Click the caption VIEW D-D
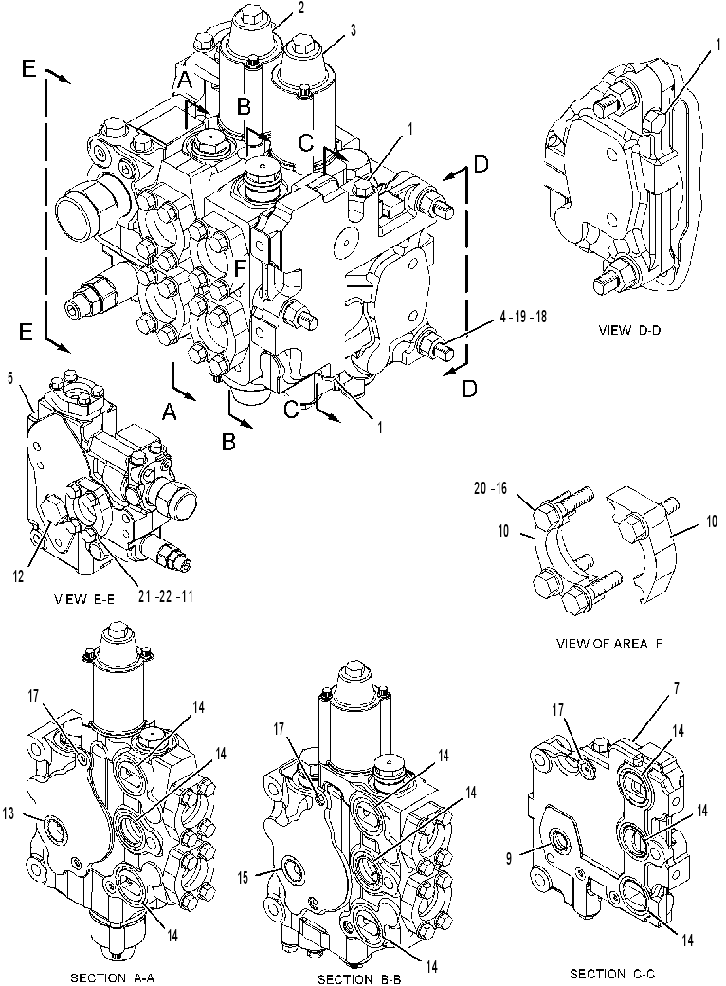(629, 330)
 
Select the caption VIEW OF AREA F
(609, 644)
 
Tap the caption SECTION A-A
(112, 977)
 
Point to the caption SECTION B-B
(359, 978)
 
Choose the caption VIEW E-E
(84, 598)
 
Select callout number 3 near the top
(354, 30)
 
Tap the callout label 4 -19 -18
(523, 316)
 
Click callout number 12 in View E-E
(19, 575)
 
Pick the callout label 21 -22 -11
(165, 595)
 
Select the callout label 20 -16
(491, 488)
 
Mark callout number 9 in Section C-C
(509, 857)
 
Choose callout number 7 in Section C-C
(677, 688)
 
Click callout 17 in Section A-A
(34, 696)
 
